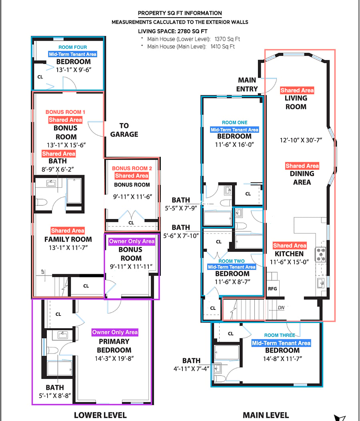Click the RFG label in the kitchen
pyautogui.click(x=272, y=289)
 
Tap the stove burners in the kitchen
pyautogui.click(x=320, y=254)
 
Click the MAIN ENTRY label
pyautogui.click(x=247, y=85)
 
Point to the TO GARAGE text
pyautogui.click(x=124, y=130)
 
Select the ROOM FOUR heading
pyautogui.click(x=72, y=47)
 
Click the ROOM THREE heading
pyautogui.click(x=280, y=335)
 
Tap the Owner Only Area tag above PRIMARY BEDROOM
pyautogui.click(x=115, y=332)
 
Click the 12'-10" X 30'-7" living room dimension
pyautogui.click(x=301, y=140)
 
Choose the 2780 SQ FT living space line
pyautogui.click(x=173, y=31)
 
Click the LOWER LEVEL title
pyautogui.click(x=100, y=415)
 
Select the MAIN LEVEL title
pyautogui.click(x=266, y=415)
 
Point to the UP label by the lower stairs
pyautogui.click(x=43, y=272)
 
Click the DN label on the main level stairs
pyautogui.click(x=281, y=308)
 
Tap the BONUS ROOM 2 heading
pyautogui.click(x=132, y=168)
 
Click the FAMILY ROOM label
pyautogui.click(x=68, y=239)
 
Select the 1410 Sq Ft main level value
pyautogui.click(x=222, y=46)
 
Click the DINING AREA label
pyautogui.click(x=302, y=178)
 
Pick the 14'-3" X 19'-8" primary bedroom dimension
pyautogui.click(x=114, y=359)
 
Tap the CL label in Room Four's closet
pyautogui.click(x=40, y=77)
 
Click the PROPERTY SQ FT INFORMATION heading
pyautogui.click(x=180, y=13)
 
